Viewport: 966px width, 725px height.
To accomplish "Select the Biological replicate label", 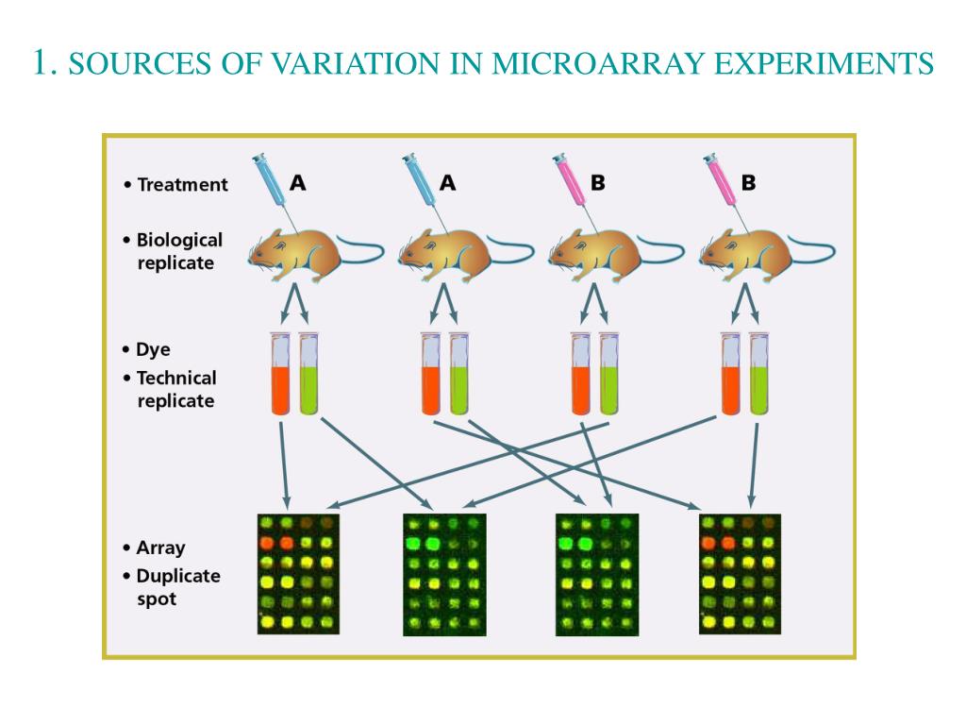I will coord(179,251).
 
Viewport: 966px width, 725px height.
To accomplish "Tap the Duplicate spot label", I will coord(177,586).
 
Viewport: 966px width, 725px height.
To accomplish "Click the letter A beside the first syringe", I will coord(297,183).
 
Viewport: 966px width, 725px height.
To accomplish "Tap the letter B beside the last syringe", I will coord(748,183).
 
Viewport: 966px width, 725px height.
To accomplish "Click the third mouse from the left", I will coord(605,252).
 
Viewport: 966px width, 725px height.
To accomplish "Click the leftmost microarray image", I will coord(298,574).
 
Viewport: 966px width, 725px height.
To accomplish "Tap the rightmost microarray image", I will coord(740,574).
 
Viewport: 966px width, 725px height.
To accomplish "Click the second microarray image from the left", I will coord(443,574).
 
